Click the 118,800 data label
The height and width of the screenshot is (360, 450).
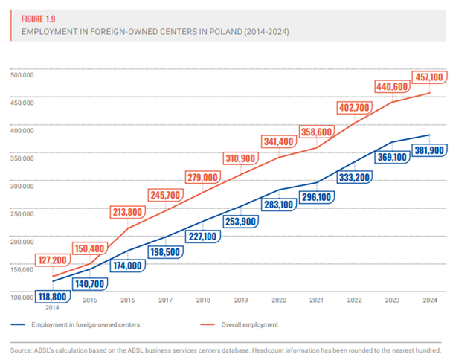[51, 296]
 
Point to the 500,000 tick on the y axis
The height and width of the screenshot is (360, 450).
[24, 73]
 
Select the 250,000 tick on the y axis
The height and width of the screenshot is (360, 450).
[24, 213]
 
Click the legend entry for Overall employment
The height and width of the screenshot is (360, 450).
[250, 324]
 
